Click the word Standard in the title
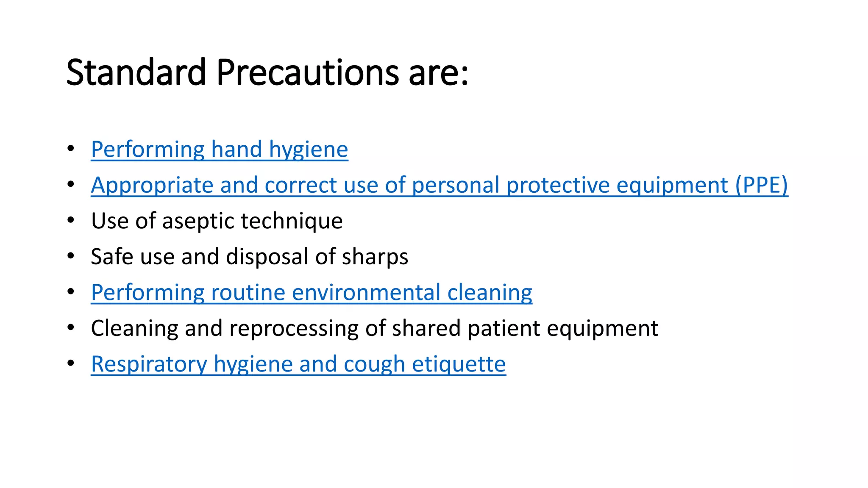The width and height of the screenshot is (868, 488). click(x=136, y=72)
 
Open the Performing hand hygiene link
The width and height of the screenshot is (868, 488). click(x=220, y=150)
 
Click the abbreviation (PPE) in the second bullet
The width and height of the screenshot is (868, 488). click(x=762, y=185)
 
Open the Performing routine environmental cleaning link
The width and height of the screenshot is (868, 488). click(x=312, y=293)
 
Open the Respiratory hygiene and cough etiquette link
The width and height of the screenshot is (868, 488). click(x=298, y=364)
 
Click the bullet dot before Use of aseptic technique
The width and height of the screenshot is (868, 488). click(x=71, y=220)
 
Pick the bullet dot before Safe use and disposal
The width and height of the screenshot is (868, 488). click(x=71, y=256)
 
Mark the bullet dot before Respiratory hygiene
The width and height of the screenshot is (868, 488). click(x=71, y=363)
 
